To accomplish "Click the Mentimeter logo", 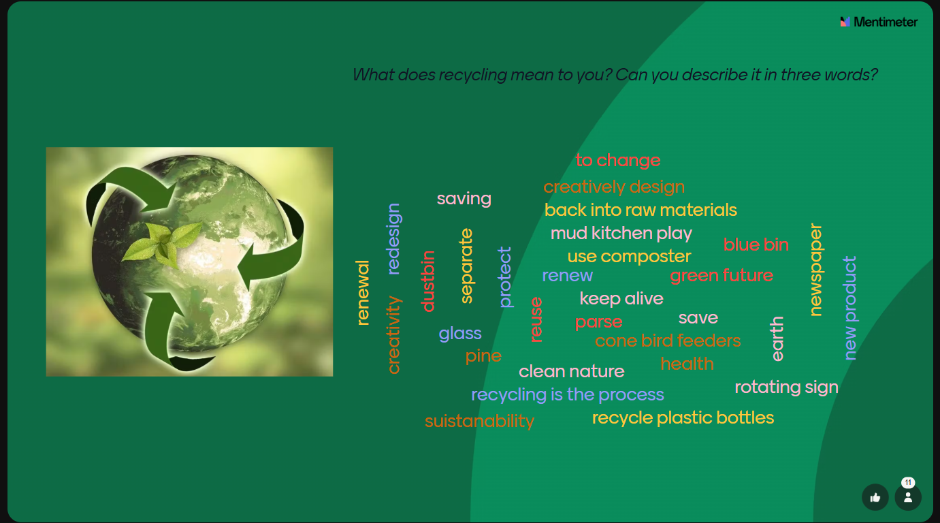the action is [879, 22].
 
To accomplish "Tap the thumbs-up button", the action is [875, 497].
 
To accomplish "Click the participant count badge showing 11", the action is [908, 482].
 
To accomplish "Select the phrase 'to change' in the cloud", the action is [618, 160].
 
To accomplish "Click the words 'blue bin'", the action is [756, 244].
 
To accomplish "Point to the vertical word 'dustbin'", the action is [428, 281].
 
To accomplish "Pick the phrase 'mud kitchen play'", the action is [621, 234].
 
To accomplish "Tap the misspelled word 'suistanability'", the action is [479, 421].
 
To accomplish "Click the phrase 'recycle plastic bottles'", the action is [683, 418].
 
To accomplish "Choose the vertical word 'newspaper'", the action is [816, 270].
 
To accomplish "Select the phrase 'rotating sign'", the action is [786, 387].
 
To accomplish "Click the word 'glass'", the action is [460, 334].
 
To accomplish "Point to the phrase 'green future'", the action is [722, 276].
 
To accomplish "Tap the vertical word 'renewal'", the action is [363, 293].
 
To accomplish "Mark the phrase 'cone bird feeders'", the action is [668, 340].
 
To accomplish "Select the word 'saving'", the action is [464, 199].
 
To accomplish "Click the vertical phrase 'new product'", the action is [850, 308].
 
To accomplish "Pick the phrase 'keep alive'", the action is [621, 299].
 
